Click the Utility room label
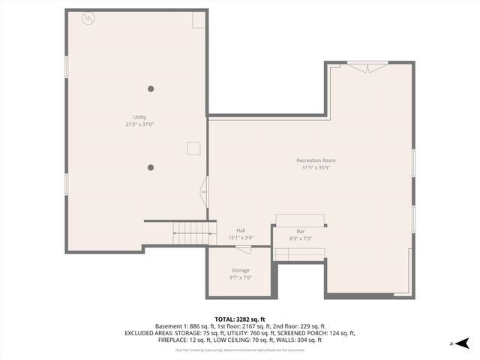tap(139, 117)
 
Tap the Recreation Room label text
tap(316, 160)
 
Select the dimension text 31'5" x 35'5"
tap(316, 168)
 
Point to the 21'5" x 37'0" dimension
tap(139, 124)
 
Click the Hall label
tap(241, 231)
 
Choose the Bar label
tap(301, 231)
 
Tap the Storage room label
tap(240, 270)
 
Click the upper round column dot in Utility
tap(151, 88)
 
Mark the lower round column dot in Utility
tap(151, 167)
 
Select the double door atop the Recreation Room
tap(367, 67)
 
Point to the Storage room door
tap(244, 249)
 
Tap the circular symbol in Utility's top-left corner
tap(88, 16)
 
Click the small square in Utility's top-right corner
tap(198, 20)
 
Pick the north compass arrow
tap(462, 343)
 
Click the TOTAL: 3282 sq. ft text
tap(240, 319)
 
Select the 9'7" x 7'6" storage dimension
tap(240, 277)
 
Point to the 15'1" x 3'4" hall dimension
tap(241, 238)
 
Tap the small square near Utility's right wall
tap(194, 148)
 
